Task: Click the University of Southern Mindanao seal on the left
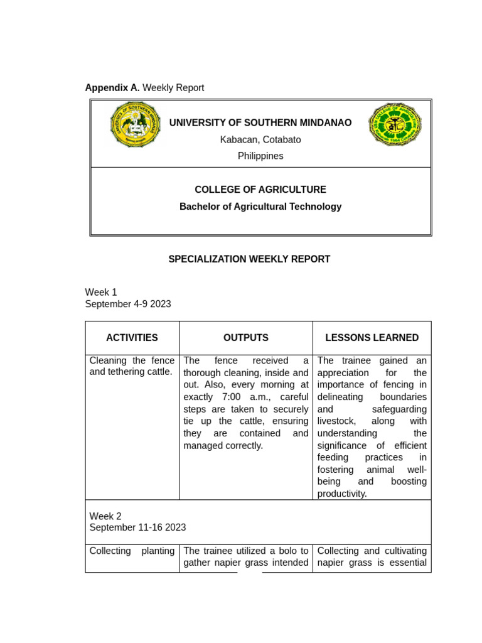click(x=135, y=124)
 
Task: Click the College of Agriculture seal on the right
click(x=395, y=125)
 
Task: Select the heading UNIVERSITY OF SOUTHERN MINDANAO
click(x=260, y=123)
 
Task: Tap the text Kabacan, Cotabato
click(x=260, y=139)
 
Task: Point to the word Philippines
click(x=260, y=156)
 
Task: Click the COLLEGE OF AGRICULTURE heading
click(x=260, y=190)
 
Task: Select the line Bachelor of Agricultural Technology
click(x=260, y=207)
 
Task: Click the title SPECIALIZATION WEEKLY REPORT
click(x=249, y=259)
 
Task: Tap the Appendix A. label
click(x=112, y=88)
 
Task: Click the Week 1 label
click(x=101, y=292)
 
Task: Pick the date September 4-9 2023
click(x=128, y=304)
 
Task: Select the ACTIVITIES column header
click(x=132, y=338)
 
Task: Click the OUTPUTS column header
click(x=246, y=338)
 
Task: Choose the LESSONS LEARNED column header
click(x=372, y=338)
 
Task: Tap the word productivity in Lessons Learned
click(x=341, y=494)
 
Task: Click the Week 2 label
click(x=105, y=516)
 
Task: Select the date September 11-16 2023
click(x=137, y=527)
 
